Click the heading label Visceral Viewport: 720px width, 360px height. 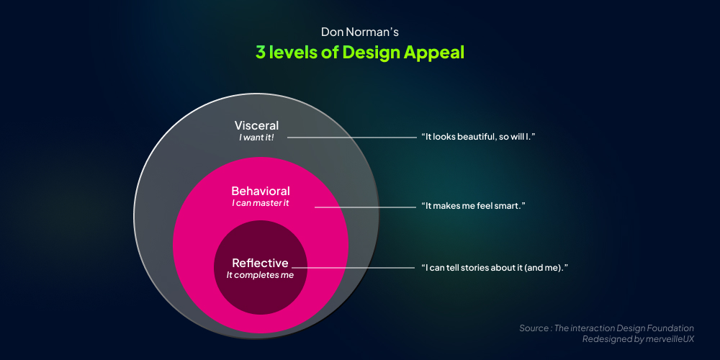[256, 125]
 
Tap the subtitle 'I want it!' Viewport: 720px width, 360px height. [256, 137]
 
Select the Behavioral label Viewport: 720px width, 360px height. [261, 191]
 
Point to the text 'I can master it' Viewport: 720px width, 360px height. [261, 203]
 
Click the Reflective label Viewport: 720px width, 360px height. [260, 263]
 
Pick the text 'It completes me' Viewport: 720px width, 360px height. [260, 274]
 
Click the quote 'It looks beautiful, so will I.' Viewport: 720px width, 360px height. [478, 136]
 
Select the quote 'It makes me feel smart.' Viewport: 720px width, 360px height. [473, 206]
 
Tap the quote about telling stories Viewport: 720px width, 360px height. [495, 268]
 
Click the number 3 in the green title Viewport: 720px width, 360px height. [260, 53]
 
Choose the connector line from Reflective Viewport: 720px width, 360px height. [360, 268]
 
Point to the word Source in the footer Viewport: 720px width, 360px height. [534, 328]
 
